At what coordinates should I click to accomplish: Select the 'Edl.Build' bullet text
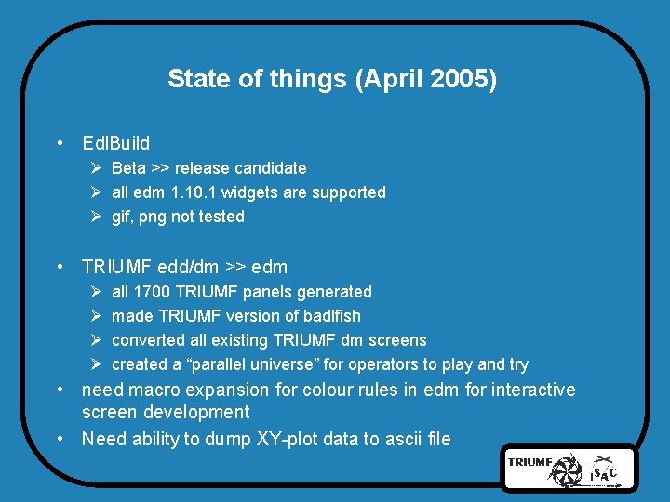click(115, 144)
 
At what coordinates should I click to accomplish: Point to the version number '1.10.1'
click(194, 192)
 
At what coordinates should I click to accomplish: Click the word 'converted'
click(147, 340)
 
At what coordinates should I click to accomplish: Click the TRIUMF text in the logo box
click(530, 460)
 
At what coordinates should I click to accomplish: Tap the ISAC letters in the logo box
click(602, 473)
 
